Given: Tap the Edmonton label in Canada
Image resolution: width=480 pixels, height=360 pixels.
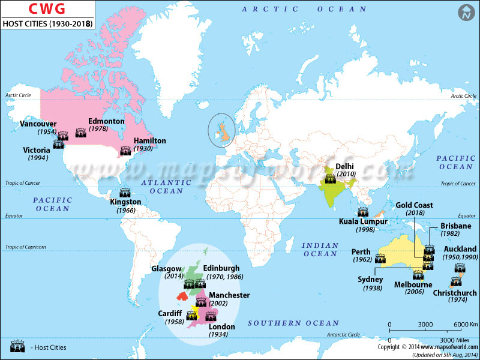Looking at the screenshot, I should click(106, 121).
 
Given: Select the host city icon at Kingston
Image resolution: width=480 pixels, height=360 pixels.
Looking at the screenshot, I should click(125, 193).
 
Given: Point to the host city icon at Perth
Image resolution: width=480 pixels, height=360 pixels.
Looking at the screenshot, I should click(380, 259).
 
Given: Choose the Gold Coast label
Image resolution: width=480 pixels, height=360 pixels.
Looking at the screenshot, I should click(415, 205).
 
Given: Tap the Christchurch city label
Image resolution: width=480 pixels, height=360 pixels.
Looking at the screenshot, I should click(455, 293).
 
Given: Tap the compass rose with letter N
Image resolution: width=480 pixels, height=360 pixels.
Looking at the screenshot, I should click(466, 13).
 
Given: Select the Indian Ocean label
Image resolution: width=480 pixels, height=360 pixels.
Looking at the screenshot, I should click(320, 250).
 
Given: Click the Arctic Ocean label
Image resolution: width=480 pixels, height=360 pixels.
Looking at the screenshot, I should click(304, 9).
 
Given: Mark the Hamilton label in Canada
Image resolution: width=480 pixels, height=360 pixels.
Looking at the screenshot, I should click(149, 140).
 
